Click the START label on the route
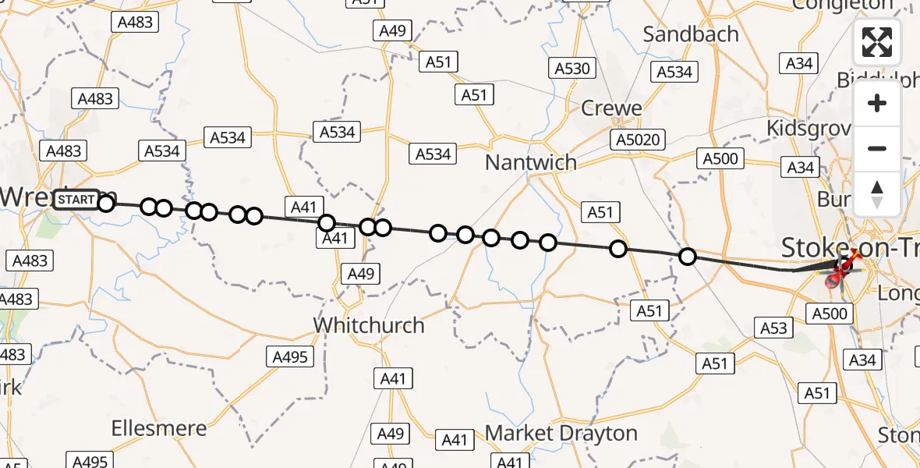click(76, 200)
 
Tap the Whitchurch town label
click(369, 324)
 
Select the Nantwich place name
click(530, 162)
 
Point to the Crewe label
click(611, 108)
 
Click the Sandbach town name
click(691, 34)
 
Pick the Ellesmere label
click(159, 427)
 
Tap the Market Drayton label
click(561, 432)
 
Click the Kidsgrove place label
click(807, 127)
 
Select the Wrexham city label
click(31, 197)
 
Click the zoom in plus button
click(877, 103)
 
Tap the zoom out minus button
click(877, 148)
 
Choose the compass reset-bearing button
click(877, 193)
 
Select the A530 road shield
click(572, 68)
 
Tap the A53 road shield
click(773, 328)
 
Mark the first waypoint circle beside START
click(106, 204)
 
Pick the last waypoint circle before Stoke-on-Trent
click(688, 256)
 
